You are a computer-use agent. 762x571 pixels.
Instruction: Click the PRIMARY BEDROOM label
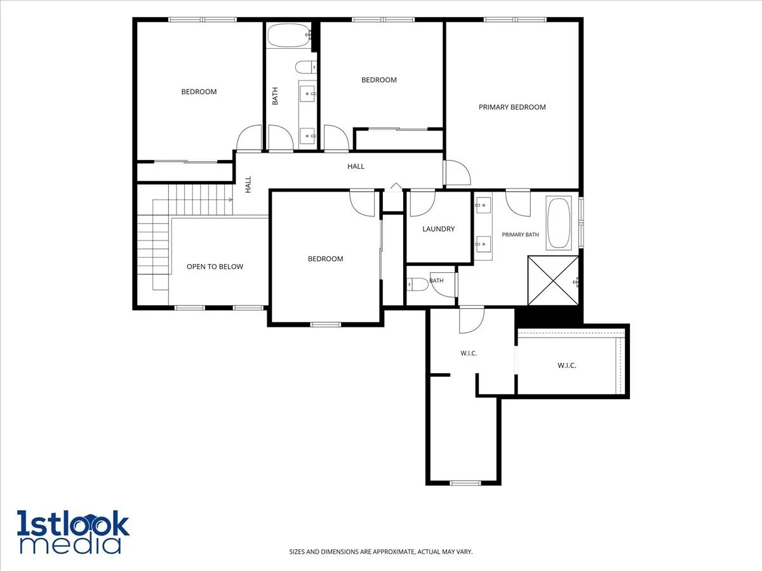pyautogui.click(x=512, y=107)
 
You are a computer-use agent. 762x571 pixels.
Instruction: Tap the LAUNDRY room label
pyautogui.click(x=438, y=229)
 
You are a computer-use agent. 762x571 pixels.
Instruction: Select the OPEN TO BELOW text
pyautogui.click(x=215, y=266)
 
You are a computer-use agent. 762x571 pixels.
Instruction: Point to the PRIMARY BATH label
pyautogui.click(x=520, y=235)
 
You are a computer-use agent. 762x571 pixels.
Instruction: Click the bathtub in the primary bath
pyautogui.click(x=559, y=223)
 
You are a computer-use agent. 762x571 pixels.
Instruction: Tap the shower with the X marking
pyautogui.click(x=553, y=280)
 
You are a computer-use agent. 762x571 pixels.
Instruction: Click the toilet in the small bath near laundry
pyautogui.click(x=418, y=285)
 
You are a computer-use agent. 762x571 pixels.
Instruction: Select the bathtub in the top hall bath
pyautogui.click(x=289, y=35)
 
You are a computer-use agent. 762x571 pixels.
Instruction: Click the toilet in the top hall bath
pyautogui.click(x=305, y=67)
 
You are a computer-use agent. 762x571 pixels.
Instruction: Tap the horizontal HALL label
pyautogui.click(x=356, y=166)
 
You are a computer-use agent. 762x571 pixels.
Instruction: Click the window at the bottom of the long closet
pyautogui.click(x=465, y=483)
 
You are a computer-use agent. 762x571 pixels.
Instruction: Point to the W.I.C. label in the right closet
pyautogui.click(x=567, y=365)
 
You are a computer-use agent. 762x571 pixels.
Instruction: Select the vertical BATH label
pyautogui.click(x=275, y=96)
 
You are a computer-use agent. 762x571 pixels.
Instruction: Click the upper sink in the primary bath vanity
pyautogui.click(x=483, y=205)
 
